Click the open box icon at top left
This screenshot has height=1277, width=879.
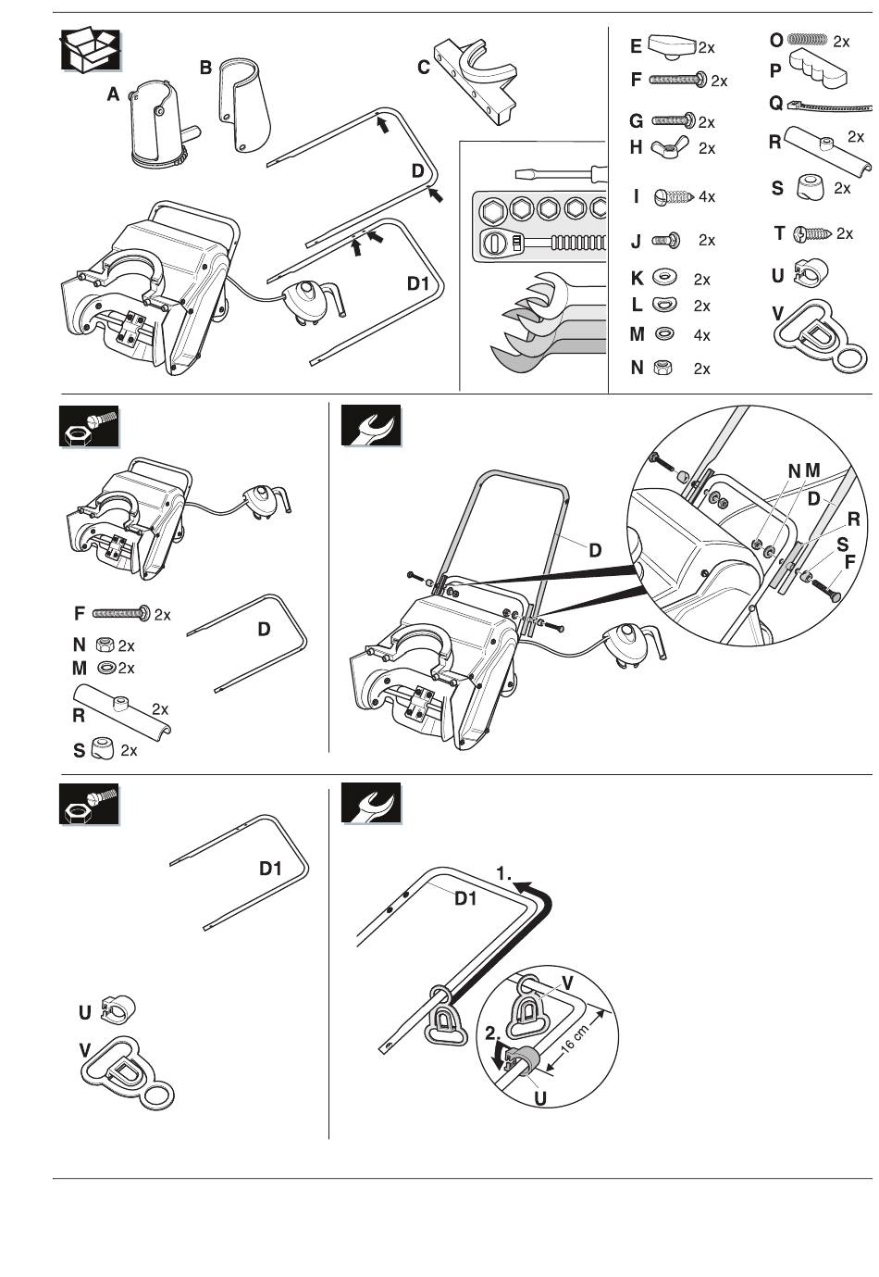tap(91, 49)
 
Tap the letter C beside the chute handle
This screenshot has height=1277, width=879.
tap(423, 67)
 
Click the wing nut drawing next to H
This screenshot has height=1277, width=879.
tap(670, 147)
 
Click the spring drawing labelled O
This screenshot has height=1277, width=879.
tap(806, 41)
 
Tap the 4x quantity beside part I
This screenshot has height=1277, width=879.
tap(706, 196)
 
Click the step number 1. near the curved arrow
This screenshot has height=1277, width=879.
tap(503, 873)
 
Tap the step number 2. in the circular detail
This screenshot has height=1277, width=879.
tap(492, 1033)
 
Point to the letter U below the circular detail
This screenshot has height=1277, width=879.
tap(540, 1099)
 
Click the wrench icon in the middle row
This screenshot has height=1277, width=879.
tap(371, 427)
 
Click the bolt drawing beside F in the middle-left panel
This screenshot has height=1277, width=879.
tap(121, 613)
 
